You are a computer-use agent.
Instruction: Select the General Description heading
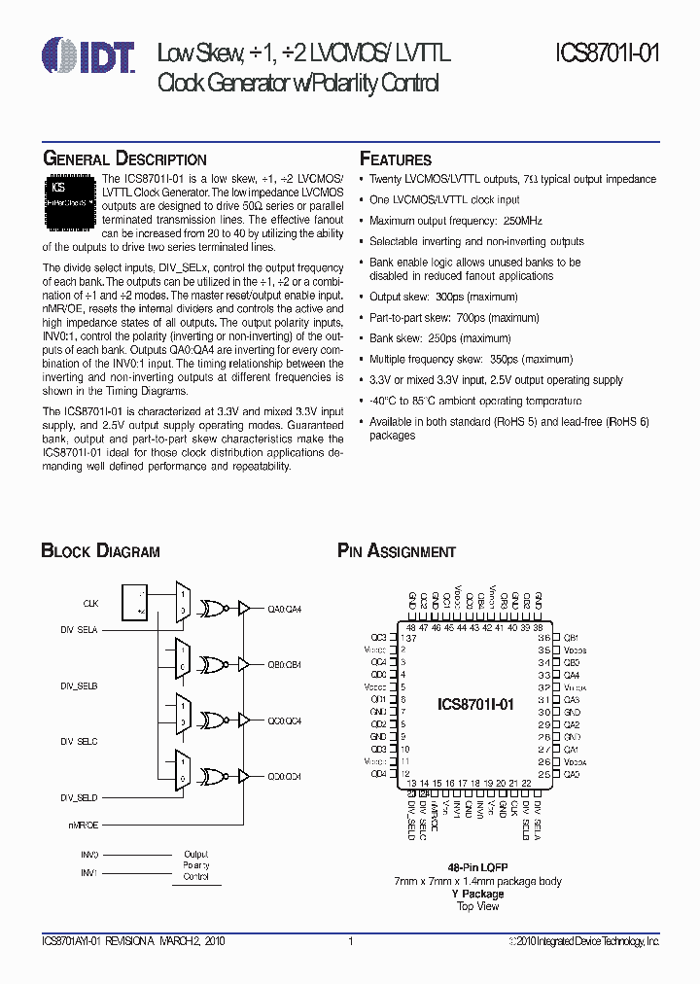point(123,159)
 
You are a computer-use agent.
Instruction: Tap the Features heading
point(396,159)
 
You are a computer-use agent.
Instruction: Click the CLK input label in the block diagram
point(90,603)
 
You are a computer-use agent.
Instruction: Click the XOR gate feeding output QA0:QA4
point(210,609)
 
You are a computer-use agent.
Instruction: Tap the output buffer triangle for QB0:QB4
point(243,665)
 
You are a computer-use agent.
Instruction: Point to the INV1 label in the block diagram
point(89,872)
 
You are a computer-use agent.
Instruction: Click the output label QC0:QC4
point(285,721)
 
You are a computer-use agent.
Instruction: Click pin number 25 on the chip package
point(543,775)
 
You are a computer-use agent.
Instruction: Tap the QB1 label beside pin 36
point(572,637)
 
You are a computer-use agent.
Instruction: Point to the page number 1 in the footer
point(350,941)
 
